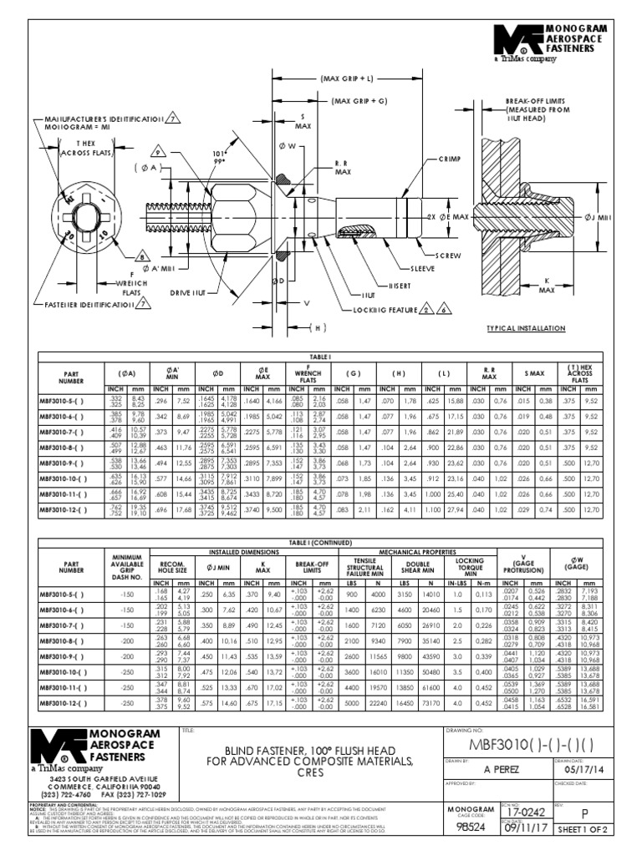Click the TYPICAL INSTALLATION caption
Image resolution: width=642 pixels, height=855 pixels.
[x=526, y=329]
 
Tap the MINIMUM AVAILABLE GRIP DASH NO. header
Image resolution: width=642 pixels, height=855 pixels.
[x=123, y=567]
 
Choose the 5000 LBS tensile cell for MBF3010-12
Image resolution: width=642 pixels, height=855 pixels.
[x=353, y=703]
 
